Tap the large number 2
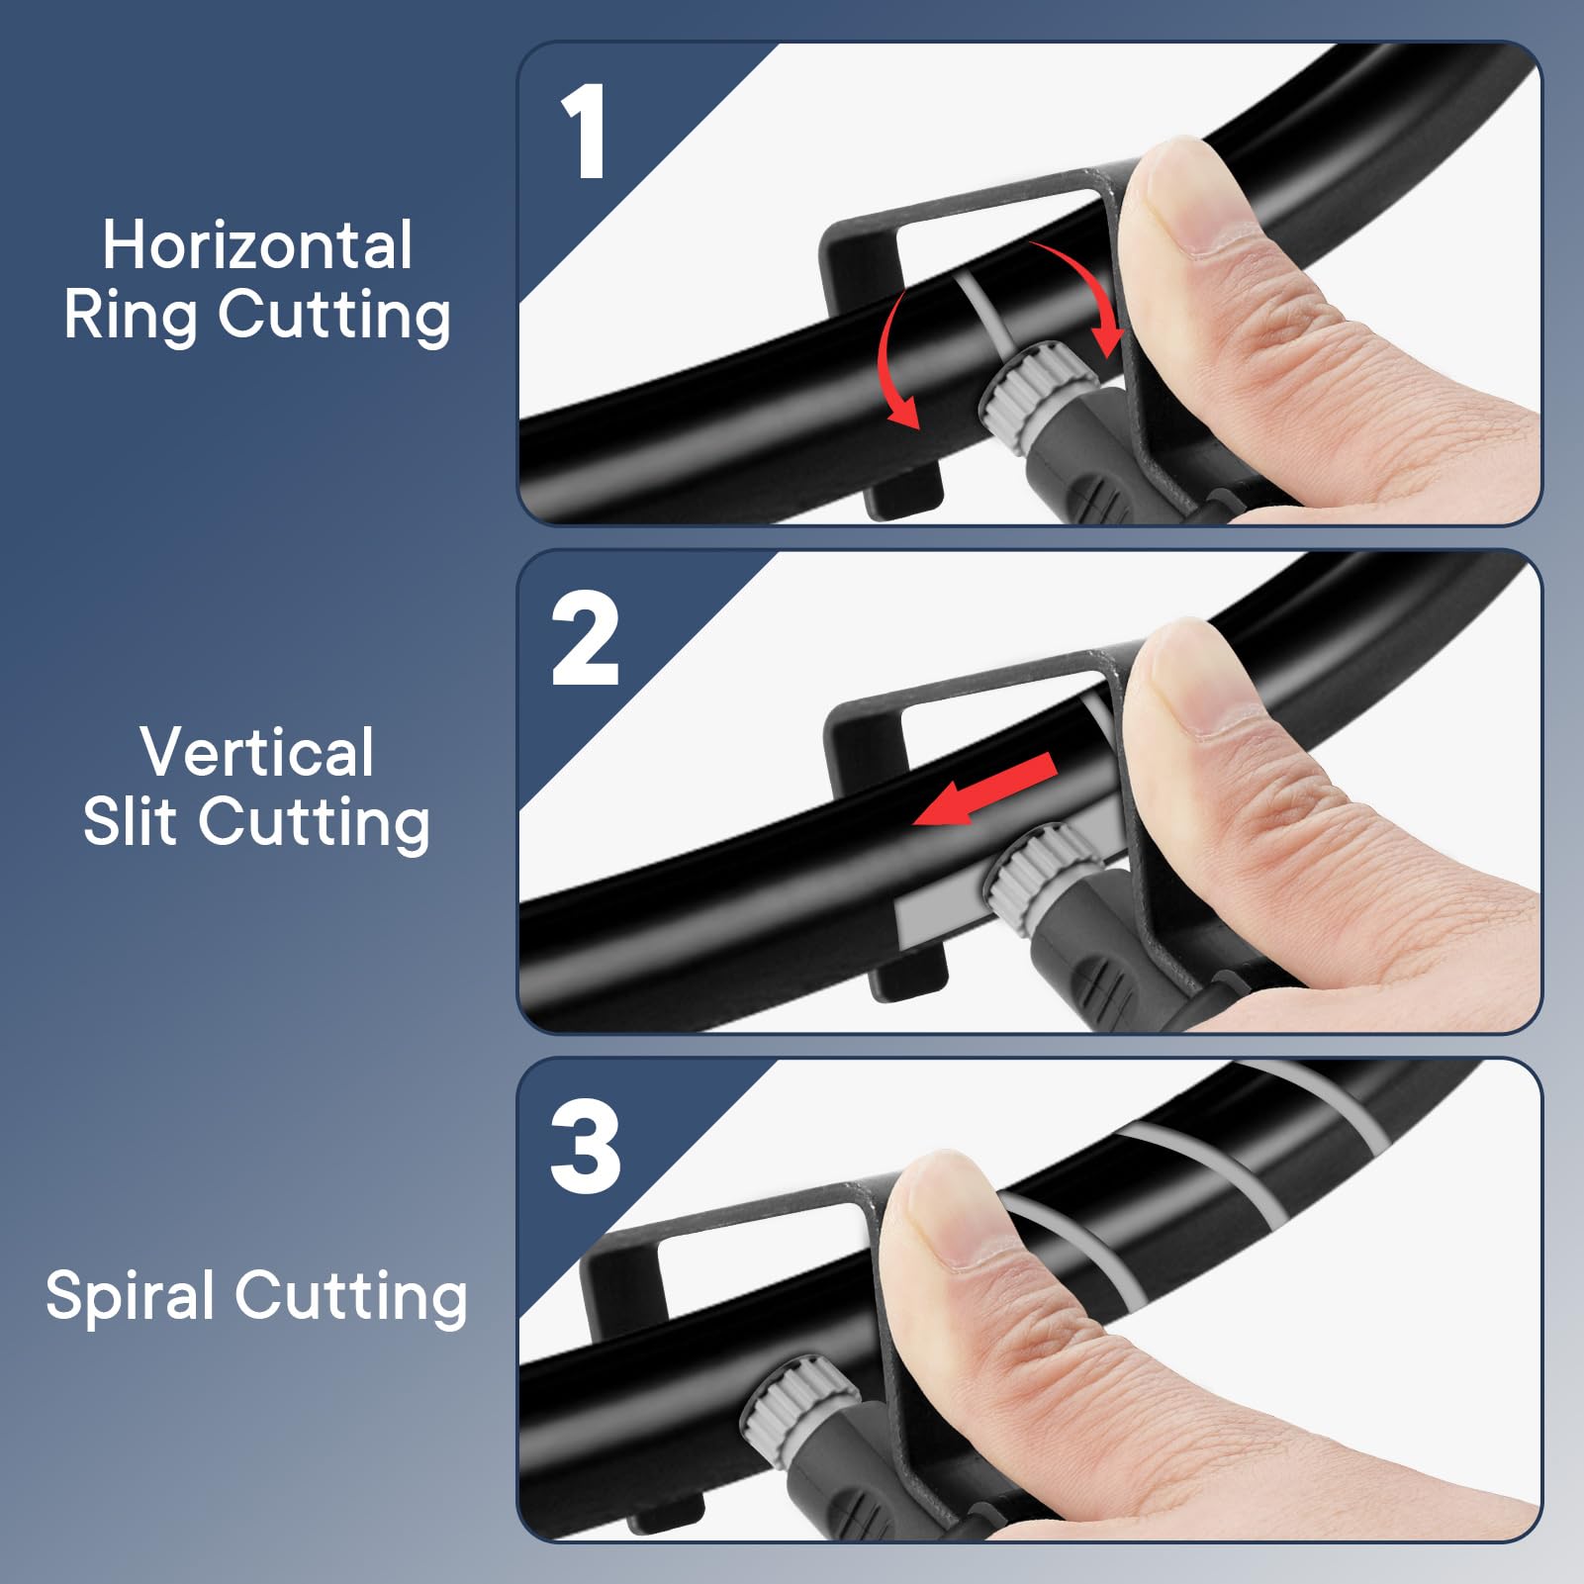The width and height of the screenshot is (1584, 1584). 585,638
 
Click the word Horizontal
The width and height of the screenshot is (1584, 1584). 257,245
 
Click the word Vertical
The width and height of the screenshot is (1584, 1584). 257,752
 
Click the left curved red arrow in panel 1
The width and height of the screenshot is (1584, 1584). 895,361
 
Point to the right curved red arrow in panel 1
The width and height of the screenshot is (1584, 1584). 1083,292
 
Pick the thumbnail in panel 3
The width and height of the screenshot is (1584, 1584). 940,1212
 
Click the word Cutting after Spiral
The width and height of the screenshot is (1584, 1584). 351,1298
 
